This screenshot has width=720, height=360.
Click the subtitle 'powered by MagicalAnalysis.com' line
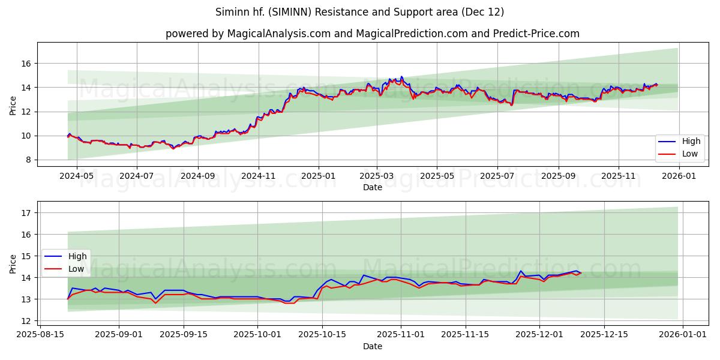[x=373, y=34]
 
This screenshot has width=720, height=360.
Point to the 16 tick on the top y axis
[x=26, y=64]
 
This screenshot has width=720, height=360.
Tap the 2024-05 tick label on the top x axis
[x=77, y=176]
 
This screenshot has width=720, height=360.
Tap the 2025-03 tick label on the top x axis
[x=377, y=176]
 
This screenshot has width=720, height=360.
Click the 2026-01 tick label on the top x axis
[x=679, y=176]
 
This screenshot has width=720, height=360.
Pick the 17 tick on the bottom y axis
[x=26, y=212]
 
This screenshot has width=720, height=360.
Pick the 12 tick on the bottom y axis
[x=26, y=320]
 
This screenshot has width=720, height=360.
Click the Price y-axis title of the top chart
[x=13, y=104]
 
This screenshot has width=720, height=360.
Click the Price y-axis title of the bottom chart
[x=13, y=264]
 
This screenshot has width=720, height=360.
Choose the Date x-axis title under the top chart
[x=373, y=187]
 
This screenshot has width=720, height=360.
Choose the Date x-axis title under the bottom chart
[x=373, y=346]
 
